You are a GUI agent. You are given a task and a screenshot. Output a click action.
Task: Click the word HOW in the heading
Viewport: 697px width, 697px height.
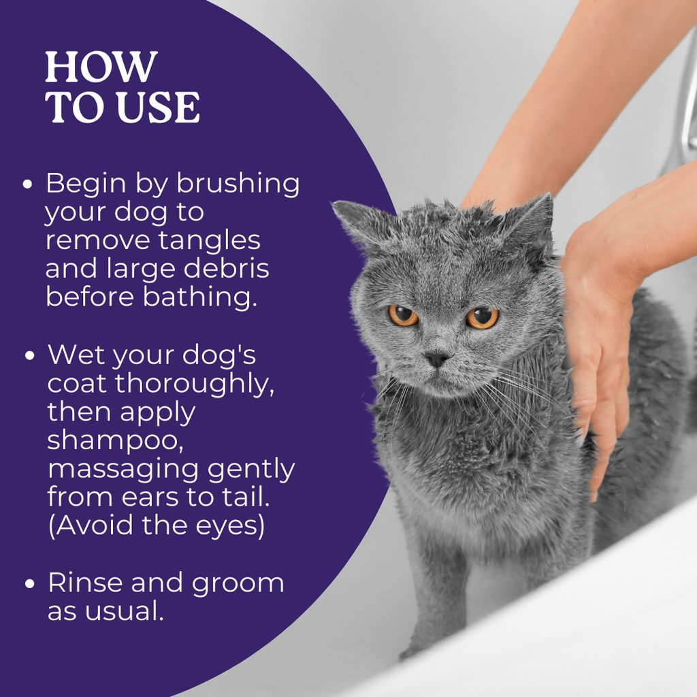coord(101,67)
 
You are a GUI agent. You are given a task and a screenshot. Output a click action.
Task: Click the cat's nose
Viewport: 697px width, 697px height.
coord(437,359)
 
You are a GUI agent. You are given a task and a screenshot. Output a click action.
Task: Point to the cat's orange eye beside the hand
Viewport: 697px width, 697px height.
coord(483,317)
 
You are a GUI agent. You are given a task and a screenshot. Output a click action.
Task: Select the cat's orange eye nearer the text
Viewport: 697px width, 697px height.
coord(403,315)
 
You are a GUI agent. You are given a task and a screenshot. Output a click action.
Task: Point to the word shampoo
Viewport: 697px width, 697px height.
coord(115,441)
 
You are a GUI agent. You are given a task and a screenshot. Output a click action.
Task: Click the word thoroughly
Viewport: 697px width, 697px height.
coord(195,383)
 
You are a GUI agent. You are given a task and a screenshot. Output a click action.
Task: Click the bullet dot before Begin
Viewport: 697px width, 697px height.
coord(27,184)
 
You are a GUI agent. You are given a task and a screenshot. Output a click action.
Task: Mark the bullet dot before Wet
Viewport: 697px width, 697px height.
coord(30,355)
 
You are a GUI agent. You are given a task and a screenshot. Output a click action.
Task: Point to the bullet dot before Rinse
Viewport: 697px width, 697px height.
coord(30,583)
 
